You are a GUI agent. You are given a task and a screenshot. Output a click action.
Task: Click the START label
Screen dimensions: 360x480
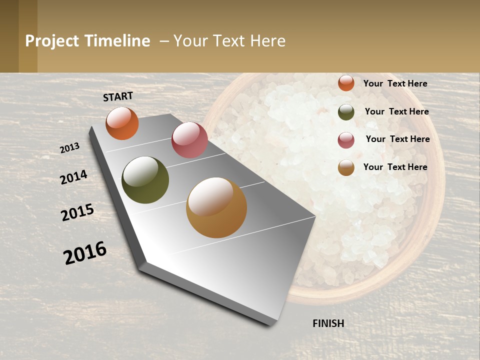click(x=118, y=96)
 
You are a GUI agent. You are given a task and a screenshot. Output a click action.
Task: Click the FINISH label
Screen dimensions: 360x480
click(x=328, y=323)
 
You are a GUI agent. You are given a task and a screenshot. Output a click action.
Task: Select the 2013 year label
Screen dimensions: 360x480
click(x=70, y=148)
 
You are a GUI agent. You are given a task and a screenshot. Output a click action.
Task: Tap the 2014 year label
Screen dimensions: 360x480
click(x=74, y=177)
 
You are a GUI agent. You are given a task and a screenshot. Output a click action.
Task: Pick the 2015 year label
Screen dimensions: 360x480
click(x=77, y=212)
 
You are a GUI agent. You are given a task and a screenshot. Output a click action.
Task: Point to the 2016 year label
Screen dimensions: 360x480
click(x=85, y=253)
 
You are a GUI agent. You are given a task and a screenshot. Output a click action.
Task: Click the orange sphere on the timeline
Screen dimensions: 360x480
click(x=122, y=123)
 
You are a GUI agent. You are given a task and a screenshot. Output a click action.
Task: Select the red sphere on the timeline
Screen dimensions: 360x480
click(x=189, y=140)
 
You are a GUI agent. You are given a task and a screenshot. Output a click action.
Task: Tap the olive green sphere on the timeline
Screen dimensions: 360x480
click(x=145, y=180)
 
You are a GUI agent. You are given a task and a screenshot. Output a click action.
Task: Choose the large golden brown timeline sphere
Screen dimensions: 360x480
click(x=216, y=207)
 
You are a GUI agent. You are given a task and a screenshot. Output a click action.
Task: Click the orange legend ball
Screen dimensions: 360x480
click(x=346, y=83)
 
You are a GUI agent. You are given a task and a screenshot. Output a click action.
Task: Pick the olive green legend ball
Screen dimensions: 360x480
click(x=346, y=112)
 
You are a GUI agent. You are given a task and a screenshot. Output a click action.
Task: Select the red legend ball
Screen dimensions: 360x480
click(x=346, y=140)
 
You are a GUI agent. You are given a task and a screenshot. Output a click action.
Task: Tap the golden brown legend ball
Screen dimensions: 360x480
click(x=346, y=168)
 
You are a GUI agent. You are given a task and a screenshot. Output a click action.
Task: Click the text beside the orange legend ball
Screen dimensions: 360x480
click(x=395, y=83)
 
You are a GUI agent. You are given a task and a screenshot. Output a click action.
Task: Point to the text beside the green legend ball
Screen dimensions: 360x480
click(x=396, y=111)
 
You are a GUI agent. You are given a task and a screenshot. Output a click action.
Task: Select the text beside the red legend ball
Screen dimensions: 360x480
click(x=397, y=139)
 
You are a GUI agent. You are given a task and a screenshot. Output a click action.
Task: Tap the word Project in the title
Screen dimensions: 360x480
click(x=52, y=41)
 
